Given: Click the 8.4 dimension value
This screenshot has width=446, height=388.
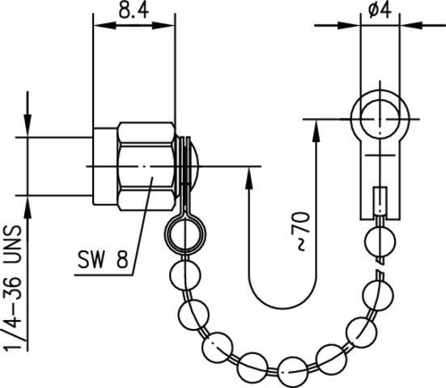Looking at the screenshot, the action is coord(134,11).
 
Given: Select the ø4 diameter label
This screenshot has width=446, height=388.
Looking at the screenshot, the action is coord(380,11).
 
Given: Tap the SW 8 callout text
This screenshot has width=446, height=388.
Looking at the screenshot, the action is coord(103,259).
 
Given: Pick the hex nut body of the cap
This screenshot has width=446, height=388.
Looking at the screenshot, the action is coord(147,167).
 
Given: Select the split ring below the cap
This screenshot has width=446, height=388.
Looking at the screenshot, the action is coord(185,234).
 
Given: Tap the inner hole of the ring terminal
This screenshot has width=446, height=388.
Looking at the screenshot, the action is coord(380,119).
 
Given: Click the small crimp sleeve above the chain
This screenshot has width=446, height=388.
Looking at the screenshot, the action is coord(380,200).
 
